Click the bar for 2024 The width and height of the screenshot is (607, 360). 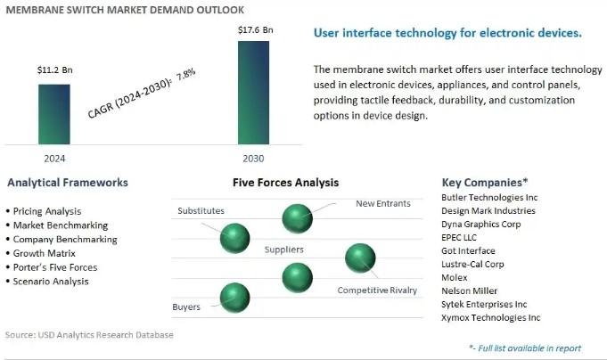coord(54,114)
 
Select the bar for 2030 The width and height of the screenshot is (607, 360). coord(253,93)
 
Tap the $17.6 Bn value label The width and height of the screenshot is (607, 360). coord(256,29)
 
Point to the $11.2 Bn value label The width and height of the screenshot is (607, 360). coord(55,70)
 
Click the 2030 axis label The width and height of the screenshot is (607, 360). coord(253,159)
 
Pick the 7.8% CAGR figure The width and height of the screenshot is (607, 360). coord(185,74)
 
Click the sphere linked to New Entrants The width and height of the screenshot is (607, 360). coord(297,218)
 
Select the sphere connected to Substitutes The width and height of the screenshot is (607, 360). coord(234,238)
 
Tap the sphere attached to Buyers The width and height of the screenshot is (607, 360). coord(234,298)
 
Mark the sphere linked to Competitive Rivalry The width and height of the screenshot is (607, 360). coord(360,258)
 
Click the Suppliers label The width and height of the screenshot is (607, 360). coord(283,250)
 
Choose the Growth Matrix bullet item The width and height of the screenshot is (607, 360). coord(45,254)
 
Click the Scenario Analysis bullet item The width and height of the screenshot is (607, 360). coord(51,282)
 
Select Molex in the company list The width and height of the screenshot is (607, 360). coord(454,277)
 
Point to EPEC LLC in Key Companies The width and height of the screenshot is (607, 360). coord(459,237)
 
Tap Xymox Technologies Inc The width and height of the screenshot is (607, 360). coord(490,318)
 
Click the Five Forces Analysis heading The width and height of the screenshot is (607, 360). coord(286,183)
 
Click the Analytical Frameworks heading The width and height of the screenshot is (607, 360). coord(68,183)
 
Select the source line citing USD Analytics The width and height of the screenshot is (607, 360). coord(89,335)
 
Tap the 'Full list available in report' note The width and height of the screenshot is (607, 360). coord(525,348)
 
